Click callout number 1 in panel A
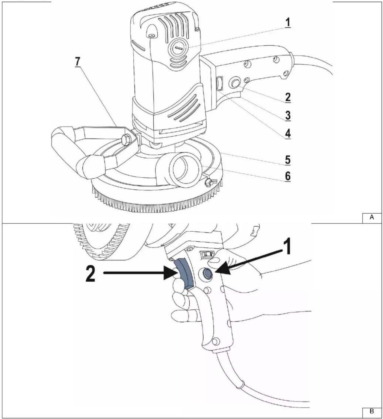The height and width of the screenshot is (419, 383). pos(288,22)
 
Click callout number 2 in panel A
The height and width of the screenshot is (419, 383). pos(288,97)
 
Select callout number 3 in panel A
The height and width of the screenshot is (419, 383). pos(288,115)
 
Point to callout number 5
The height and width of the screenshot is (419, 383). pos(288,160)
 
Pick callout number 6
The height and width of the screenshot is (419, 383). pos(288,176)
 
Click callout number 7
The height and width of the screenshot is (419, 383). pos(78,62)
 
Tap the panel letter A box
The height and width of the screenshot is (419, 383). pos(372,218)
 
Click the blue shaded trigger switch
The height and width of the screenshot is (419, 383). pos(184,274)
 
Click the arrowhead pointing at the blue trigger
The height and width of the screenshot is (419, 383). pos(170,273)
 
